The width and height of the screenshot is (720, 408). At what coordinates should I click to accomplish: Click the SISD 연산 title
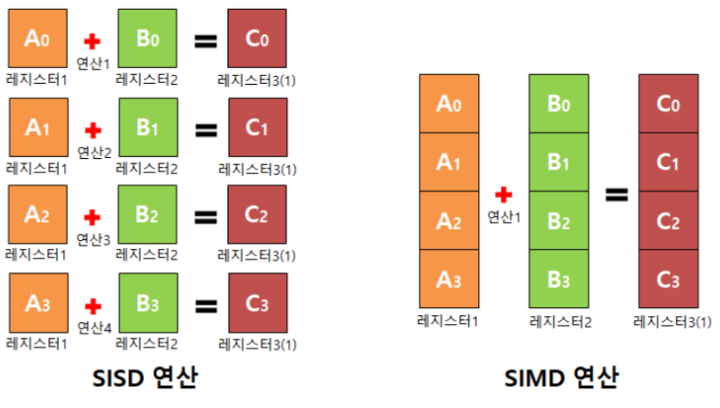click(x=145, y=378)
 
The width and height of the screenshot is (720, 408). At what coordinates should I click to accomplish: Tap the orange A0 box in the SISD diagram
click(x=36, y=38)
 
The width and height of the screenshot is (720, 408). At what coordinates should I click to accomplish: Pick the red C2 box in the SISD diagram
click(x=257, y=215)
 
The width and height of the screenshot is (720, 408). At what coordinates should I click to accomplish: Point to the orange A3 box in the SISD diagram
click(x=36, y=304)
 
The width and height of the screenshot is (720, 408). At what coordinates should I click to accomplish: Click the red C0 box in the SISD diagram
click(x=257, y=38)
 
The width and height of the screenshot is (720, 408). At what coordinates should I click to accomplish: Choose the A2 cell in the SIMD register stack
click(x=449, y=221)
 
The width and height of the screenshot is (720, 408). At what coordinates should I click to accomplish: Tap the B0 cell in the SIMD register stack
click(x=559, y=104)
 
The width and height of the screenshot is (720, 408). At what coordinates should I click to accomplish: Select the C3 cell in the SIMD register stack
click(x=668, y=279)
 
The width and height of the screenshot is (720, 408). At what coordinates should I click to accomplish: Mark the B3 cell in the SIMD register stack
click(x=559, y=279)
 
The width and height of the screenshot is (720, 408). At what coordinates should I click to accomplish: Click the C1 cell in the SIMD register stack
click(x=668, y=162)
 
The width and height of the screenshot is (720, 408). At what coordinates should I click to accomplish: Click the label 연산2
click(x=95, y=152)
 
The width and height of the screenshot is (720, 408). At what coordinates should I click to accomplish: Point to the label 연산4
click(x=95, y=328)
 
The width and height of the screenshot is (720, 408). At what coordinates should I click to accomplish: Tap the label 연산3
click(x=94, y=239)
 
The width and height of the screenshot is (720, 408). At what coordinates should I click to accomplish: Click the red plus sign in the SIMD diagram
click(x=504, y=194)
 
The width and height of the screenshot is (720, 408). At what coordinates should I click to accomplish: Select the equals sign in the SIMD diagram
click(x=616, y=194)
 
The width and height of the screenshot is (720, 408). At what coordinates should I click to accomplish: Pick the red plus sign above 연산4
click(x=92, y=305)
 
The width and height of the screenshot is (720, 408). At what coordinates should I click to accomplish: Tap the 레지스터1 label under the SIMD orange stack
click(x=448, y=320)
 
